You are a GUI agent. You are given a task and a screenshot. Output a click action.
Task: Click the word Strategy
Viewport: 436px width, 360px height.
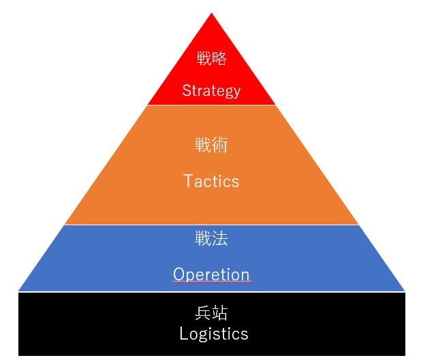coord(211,91)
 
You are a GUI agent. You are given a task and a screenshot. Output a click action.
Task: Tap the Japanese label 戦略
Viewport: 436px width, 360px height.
coord(211,59)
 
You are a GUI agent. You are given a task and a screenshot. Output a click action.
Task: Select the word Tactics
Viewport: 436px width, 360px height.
coord(211,181)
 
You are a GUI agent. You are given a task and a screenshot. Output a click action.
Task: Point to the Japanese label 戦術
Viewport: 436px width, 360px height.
coord(211,145)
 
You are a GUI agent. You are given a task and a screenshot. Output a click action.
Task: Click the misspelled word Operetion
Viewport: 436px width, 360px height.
coord(211,274)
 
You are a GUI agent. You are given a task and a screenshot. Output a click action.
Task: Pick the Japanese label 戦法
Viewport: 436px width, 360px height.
coord(211,239)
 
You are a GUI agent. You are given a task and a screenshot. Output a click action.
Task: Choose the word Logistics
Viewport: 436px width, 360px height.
coord(214,334)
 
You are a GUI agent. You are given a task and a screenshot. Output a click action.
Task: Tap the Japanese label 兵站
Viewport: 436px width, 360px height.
coord(211,313)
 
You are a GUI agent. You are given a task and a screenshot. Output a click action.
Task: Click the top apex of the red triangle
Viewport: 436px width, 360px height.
coord(212,14)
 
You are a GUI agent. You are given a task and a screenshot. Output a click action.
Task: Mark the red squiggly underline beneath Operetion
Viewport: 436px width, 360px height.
coord(211,282)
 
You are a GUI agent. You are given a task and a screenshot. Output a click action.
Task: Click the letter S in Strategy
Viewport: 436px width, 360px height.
coord(187,91)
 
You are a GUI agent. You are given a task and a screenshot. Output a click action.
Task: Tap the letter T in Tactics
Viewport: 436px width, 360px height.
coord(189,181)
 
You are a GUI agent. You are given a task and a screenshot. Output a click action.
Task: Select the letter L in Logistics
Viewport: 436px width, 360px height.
coord(183,334)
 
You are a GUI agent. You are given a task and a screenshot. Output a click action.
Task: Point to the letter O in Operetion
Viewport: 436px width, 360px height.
coord(178,274)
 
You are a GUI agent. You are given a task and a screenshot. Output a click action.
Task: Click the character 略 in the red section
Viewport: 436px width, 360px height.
coord(219,59)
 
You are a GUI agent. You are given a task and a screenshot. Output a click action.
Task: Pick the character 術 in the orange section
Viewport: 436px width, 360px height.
coord(219,145)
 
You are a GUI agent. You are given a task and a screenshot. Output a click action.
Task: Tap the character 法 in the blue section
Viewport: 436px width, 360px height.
coord(219,239)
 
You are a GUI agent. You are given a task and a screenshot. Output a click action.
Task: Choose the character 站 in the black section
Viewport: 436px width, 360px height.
coord(219,313)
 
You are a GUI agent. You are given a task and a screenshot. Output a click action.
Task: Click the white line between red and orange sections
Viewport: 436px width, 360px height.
coord(211,105)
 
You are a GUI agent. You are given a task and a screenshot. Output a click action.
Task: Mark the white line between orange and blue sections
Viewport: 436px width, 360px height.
coord(211,225)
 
